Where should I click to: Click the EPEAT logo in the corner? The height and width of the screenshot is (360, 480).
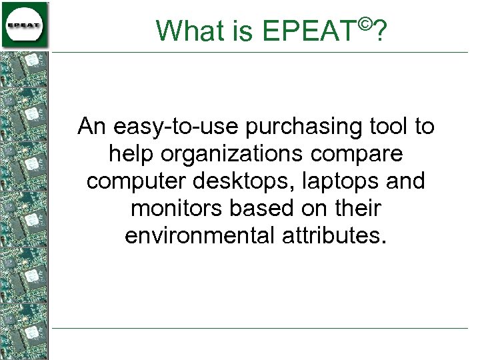coord(25,25)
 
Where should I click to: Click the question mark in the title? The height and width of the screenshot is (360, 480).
coord(379,30)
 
